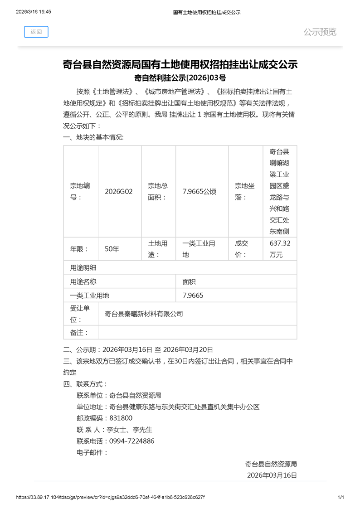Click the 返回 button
[36, 32]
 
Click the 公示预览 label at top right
[320, 32]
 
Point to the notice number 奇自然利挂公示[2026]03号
[180, 78]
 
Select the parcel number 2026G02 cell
[119, 191]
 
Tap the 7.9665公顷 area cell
[199, 191]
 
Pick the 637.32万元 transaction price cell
[280, 249]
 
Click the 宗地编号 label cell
[80, 191]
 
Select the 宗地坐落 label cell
[245, 191]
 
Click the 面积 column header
[189, 281]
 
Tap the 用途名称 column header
[83, 281]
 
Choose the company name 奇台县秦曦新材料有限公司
[143, 313]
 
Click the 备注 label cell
[79, 333]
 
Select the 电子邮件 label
[92, 452]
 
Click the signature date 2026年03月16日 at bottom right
[272, 475]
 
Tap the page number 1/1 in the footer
[341, 497]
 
